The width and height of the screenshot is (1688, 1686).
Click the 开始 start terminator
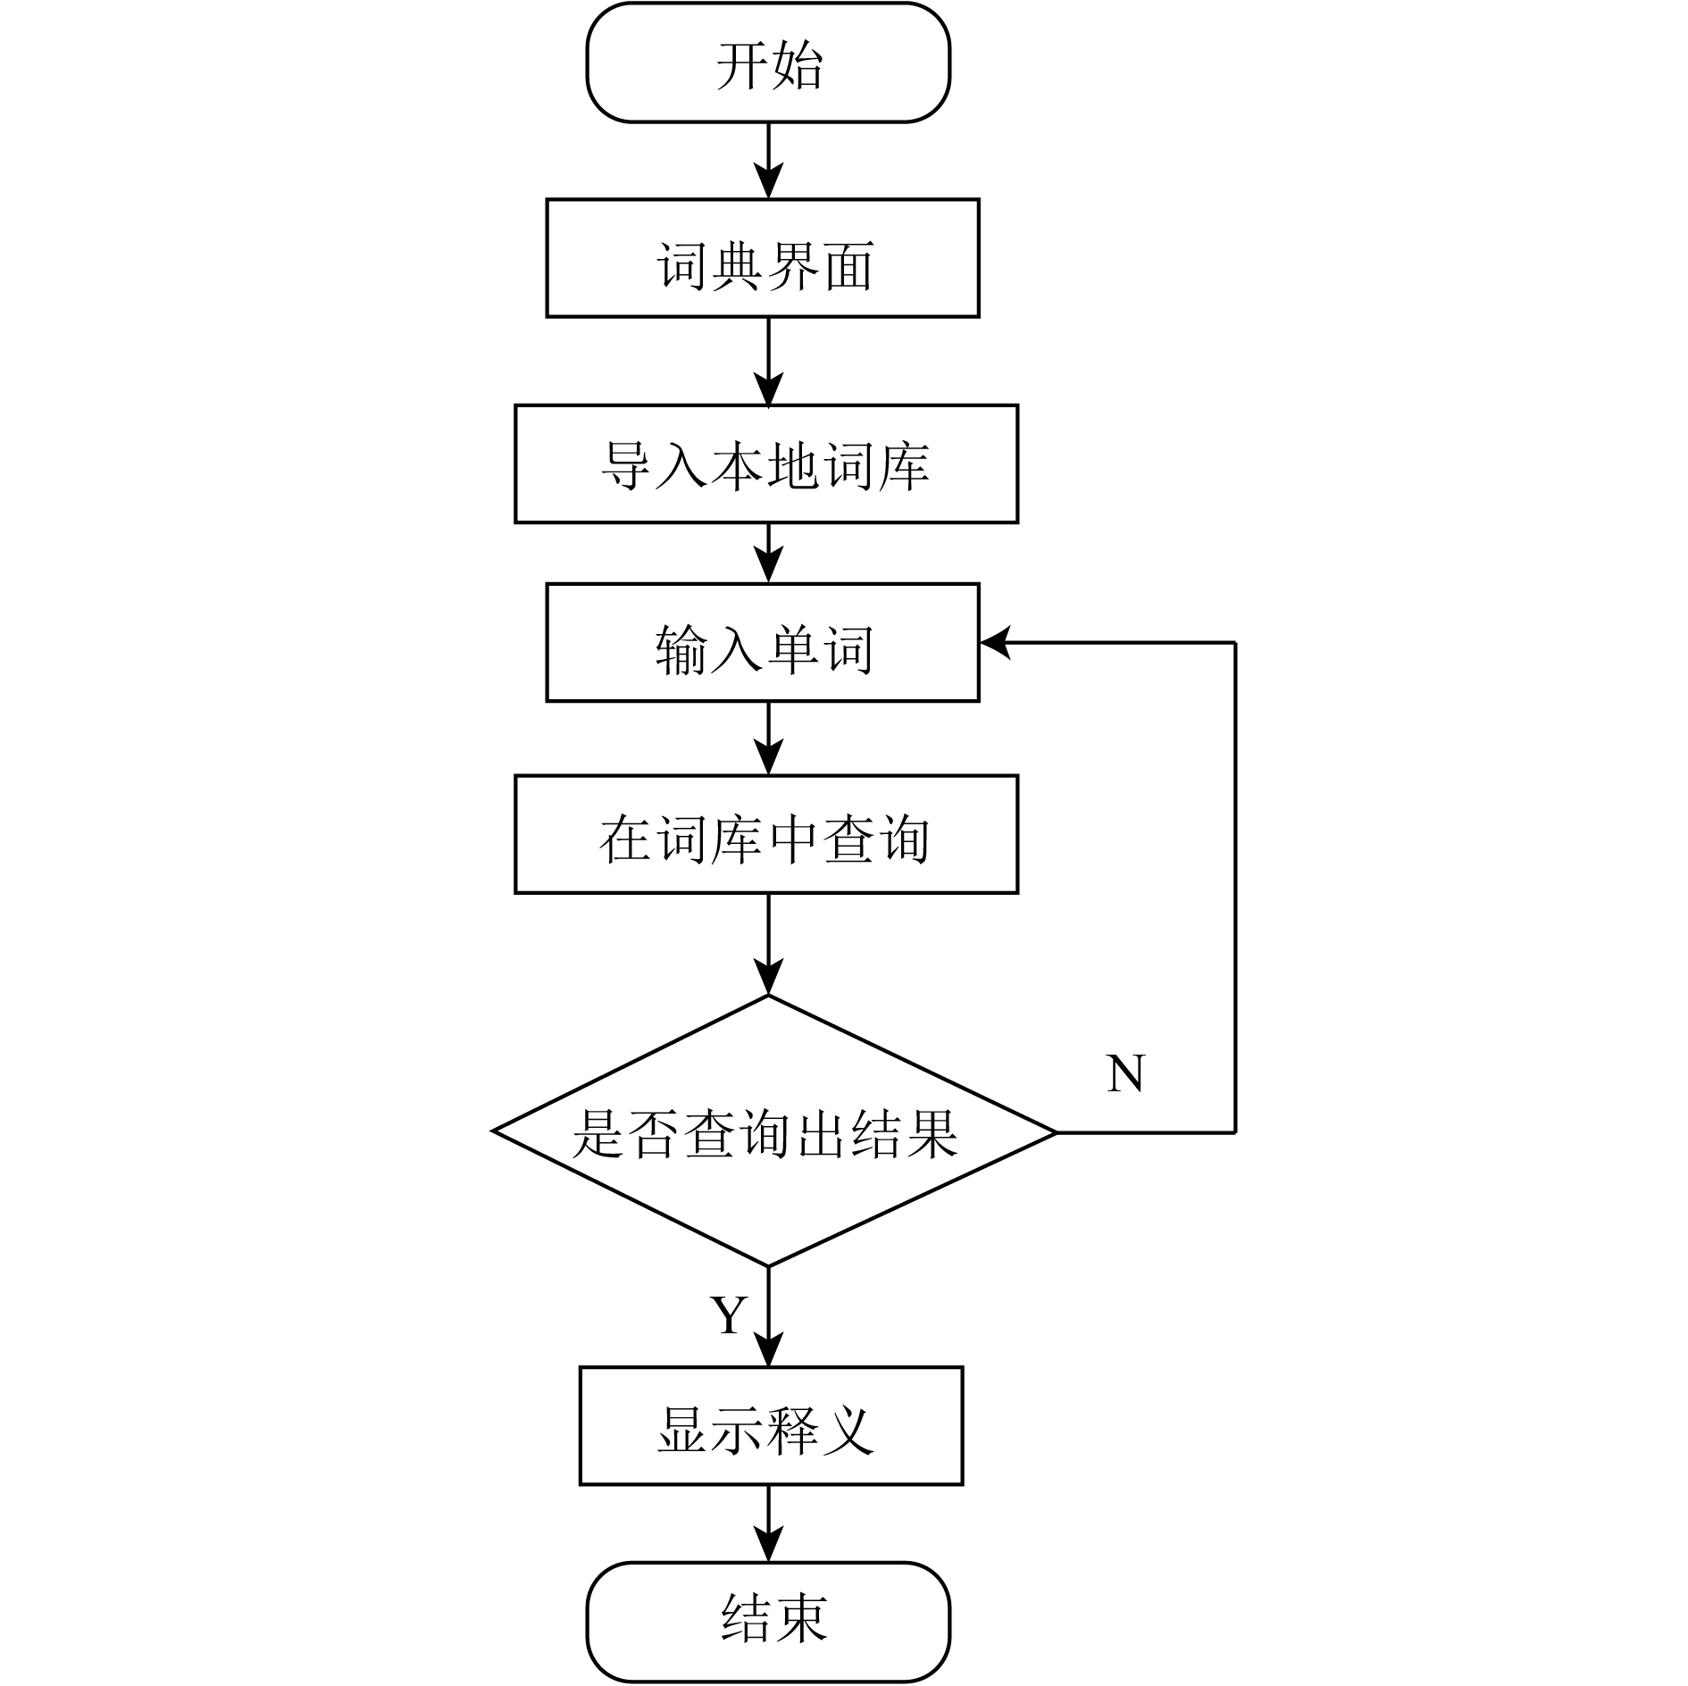click(x=768, y=63)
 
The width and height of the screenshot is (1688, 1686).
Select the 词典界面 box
click(x=763, y=258)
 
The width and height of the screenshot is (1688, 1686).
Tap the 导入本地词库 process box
click(x=766, y=463)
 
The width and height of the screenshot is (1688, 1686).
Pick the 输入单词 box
click(x=763, y=642)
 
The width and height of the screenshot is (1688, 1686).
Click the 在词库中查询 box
click(x=766, y=834)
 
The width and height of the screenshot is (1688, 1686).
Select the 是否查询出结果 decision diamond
click(x=774, y=1131)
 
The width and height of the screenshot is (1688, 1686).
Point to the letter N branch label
click(x=1125, y=1073)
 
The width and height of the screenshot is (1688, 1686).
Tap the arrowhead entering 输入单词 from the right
click(x=995, y=642)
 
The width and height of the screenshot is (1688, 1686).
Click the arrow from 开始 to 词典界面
click(x=768, y=161)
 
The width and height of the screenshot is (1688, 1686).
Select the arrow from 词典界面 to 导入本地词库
click(x=768, y=362)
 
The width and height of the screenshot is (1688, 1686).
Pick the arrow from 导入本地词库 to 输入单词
click(x=768, y=554)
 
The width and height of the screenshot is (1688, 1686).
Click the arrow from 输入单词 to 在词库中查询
click(x=768, y=739)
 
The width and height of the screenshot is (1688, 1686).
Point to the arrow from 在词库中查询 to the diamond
click(x=768, y=944)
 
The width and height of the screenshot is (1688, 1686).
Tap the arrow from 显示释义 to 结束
click(x=768, y=1524)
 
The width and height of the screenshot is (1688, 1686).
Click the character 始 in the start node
click(x=797, y=65)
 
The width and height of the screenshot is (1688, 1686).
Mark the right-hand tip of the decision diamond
click(x=1057, y=1132)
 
